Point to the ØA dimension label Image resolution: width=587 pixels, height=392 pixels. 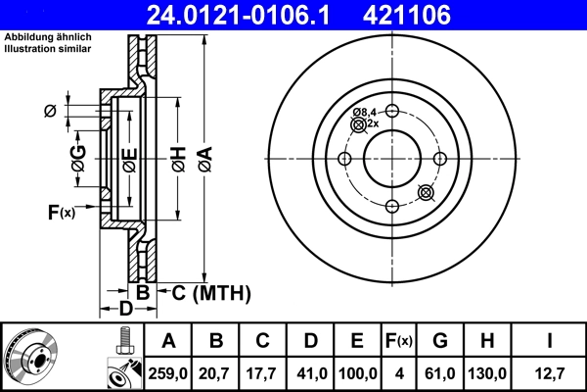[x=203, y=160]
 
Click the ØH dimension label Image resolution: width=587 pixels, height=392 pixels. [x=177, y=160]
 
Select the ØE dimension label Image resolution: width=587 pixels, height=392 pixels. [x=128, y=160]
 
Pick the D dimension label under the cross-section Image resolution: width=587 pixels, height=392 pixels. [x=125, y=310]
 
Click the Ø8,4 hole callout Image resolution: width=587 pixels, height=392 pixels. [x=365, y=113]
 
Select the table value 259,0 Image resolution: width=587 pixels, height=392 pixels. [x=169, y=372]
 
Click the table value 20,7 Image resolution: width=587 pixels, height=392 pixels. [x=216, y=372]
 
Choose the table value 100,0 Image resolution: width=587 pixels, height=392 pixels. [x=357, y=372]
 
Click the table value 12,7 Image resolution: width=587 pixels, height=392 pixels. [x=552, y=372]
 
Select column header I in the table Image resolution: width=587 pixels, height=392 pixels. [x=552, y=341]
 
